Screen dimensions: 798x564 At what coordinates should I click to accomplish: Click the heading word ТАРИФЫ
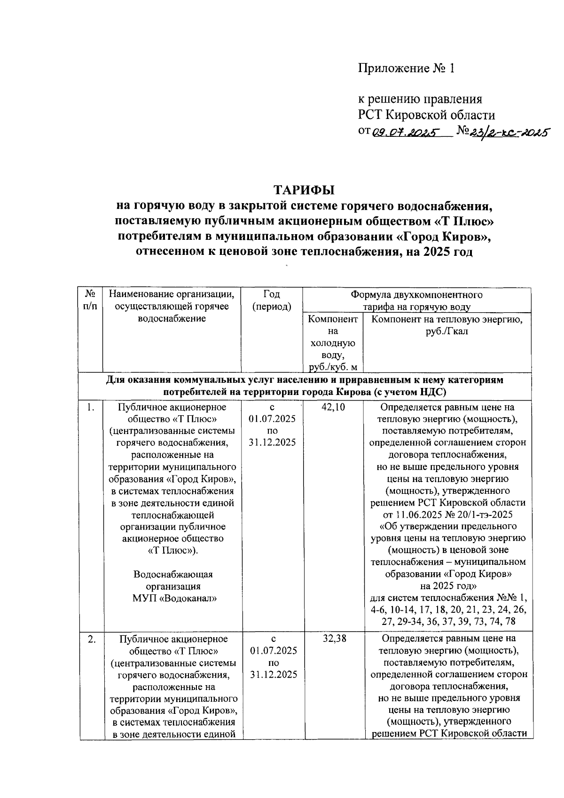tap(304, 190)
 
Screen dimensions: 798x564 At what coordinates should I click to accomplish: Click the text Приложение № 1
tap(407, 69)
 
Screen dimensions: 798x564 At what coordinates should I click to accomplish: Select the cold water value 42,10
tap(333, 407)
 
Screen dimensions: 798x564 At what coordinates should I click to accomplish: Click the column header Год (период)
tap(272, 300)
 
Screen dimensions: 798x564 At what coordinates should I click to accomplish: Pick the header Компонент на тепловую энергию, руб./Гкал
tap(447, 325)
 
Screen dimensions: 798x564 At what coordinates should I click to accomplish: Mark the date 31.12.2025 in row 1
tap(272, 442)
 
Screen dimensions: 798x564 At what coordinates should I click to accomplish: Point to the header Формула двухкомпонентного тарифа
tap(416, 300)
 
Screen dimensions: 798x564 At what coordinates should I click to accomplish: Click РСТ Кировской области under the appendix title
tap(427, 115)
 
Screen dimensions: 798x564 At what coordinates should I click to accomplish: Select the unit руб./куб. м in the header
tap(333, 367)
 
